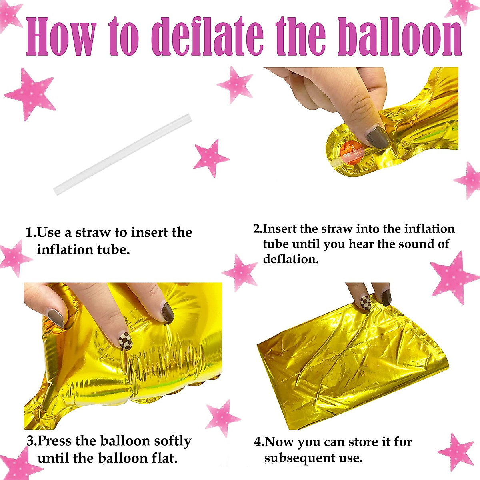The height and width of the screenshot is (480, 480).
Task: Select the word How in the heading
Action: point(61,36)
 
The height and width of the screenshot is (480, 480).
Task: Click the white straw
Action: point(123,154)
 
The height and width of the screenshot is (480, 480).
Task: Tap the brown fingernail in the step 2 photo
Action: point(378,137)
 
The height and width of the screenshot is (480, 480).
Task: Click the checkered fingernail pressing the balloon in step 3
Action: point(125,341)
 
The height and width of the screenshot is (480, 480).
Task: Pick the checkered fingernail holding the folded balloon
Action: point(366,302)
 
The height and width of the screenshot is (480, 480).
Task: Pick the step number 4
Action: point(258,442)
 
